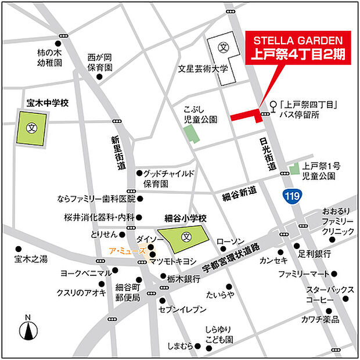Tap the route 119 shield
pyautogui.click(x=292, y=196)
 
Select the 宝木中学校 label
pyautogui.click(x=48, y=103)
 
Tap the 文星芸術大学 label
pyautogui.click(x=204, y=69)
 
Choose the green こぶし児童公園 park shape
pyautogui.click(x=190, y=135)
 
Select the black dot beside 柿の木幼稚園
pyautogui.click(x=58, y=44)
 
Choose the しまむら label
pyautogui.click(x=178, y=347)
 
